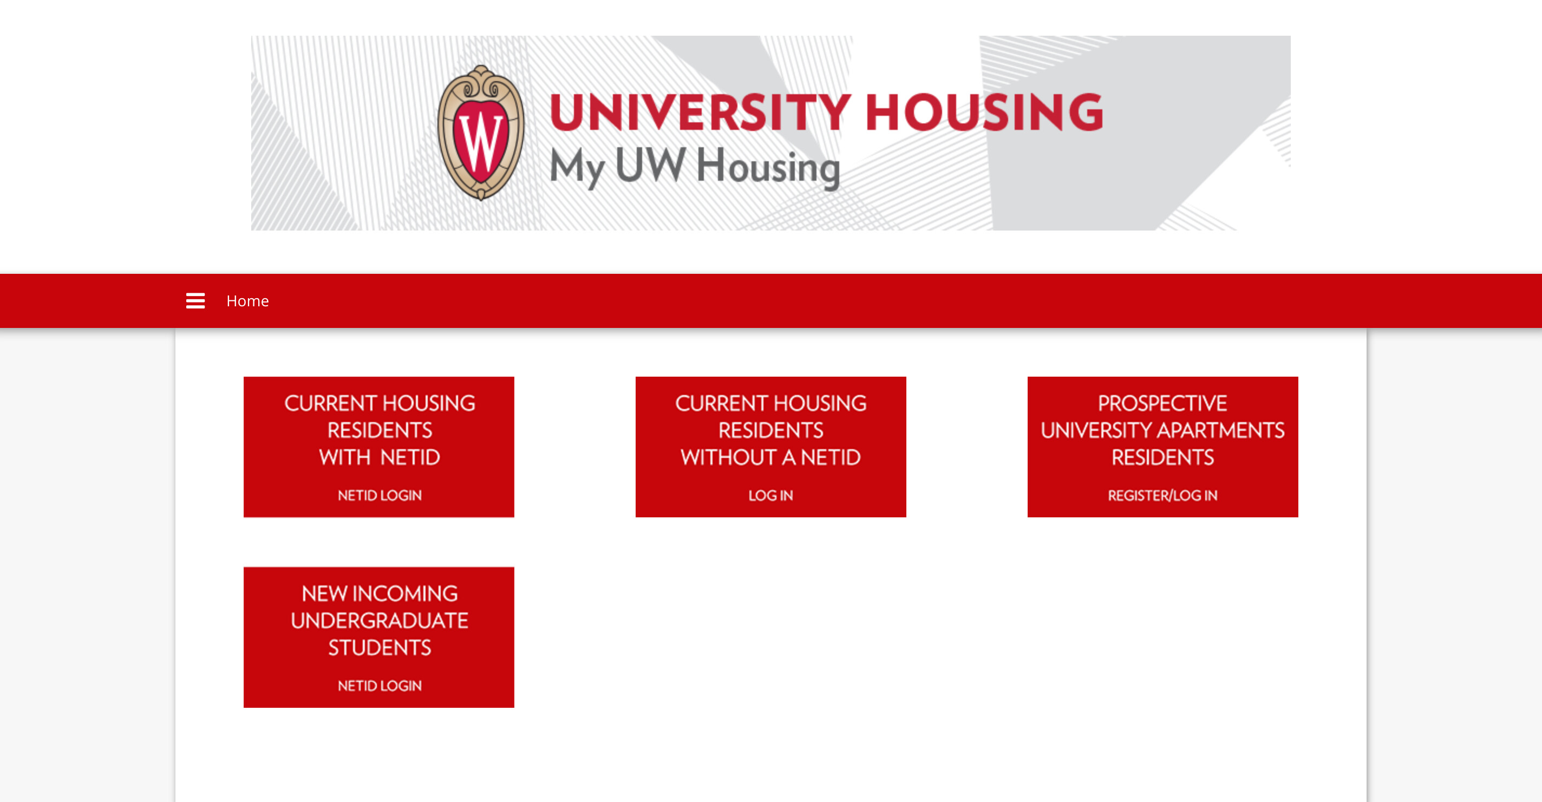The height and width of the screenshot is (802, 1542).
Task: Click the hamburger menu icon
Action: pos(195,300)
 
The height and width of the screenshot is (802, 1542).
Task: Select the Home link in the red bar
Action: pos(247,300)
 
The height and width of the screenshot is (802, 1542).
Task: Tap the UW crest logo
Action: pos(481,132)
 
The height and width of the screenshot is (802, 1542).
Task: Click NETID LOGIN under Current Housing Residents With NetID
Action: pos(380,495)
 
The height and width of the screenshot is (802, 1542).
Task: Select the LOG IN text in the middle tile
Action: pos(770,495)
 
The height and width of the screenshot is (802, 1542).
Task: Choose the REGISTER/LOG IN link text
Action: pos(1162,495)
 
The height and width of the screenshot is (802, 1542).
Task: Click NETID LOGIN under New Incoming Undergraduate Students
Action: pos(380,685)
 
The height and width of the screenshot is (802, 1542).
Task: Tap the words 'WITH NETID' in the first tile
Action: pos(380,457)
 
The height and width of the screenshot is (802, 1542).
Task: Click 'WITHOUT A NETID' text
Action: pos(770,457)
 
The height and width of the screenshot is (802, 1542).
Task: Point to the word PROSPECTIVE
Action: pos(1162,403)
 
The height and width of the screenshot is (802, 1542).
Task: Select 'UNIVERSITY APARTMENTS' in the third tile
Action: pos(1162,430)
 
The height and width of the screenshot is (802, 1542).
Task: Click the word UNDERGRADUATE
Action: pos(380,621)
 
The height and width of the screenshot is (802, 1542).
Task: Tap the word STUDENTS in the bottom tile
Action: pos(380,648)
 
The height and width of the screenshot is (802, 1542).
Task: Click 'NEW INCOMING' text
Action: pos(380,594)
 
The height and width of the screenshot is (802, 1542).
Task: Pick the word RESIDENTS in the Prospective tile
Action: pos(1162,457)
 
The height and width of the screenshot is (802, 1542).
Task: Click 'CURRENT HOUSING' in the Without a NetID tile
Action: pos(770,403)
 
